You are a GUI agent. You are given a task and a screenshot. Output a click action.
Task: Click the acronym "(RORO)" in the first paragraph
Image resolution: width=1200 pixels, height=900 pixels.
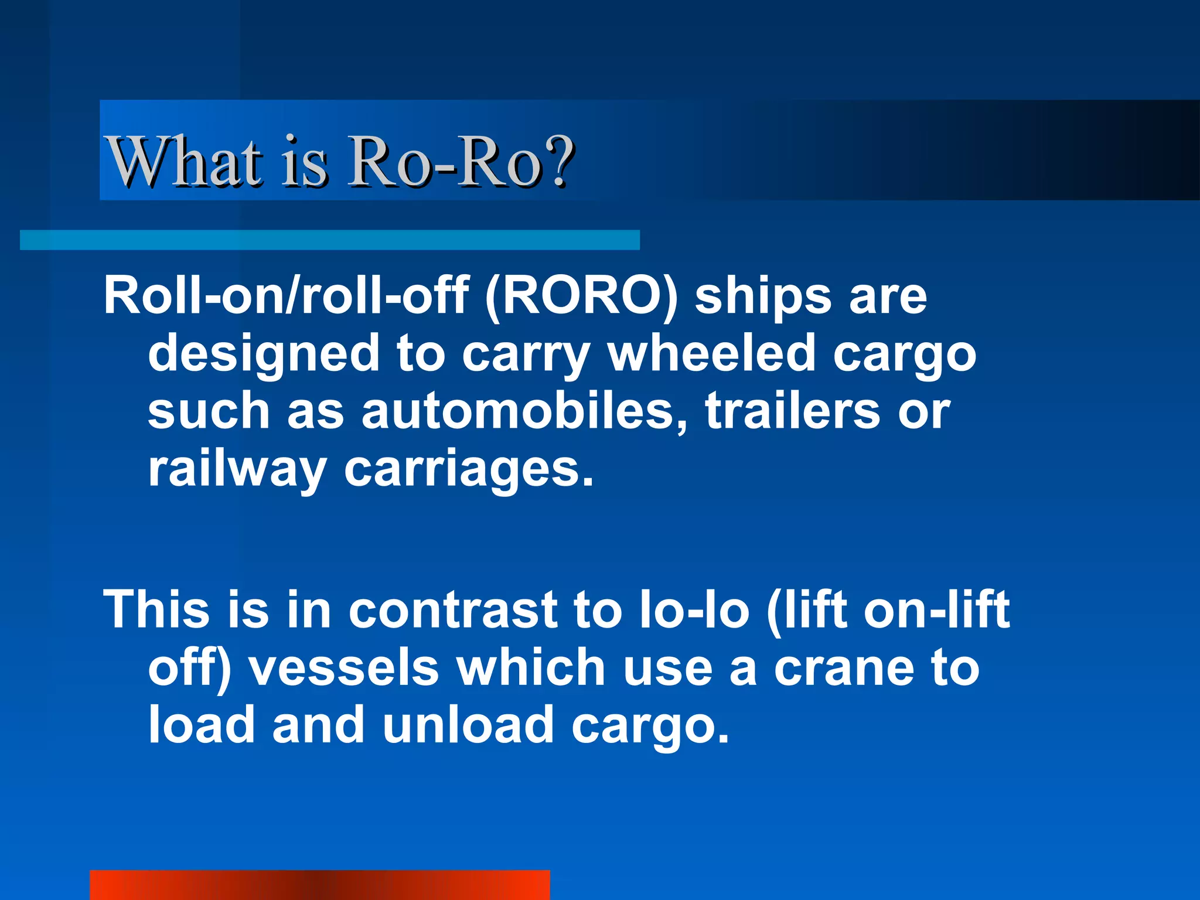click(x=581, y=296)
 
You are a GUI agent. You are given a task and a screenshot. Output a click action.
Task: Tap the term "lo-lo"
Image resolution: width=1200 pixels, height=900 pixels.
click(x=694, y=609)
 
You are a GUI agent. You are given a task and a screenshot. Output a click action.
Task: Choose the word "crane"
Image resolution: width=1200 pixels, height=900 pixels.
click(x=844, y=668)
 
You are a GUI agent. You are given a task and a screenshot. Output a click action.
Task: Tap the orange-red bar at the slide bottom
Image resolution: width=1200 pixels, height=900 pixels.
click(x=319, y=885)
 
